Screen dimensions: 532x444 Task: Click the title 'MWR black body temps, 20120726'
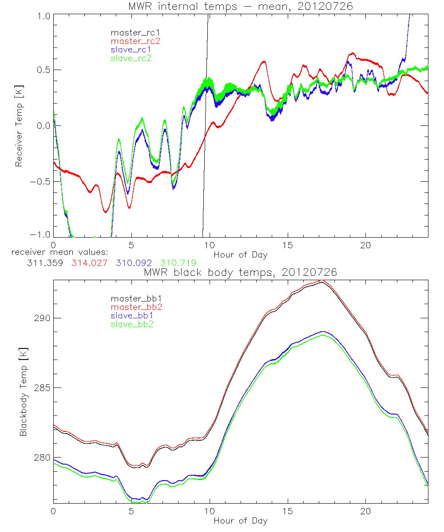[240, 272]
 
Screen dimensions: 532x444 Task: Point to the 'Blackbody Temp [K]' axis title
[23, 395]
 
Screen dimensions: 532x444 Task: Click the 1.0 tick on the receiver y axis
[41, 15]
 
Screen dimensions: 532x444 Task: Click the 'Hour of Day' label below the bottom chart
[240, 521]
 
